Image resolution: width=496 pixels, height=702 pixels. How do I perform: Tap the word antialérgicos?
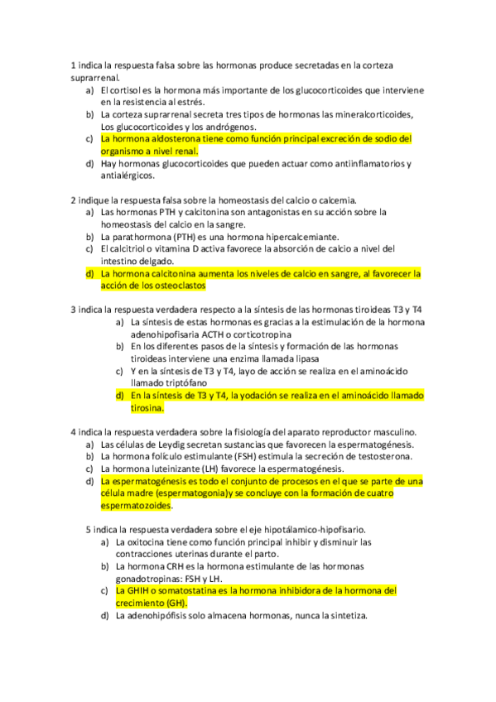click(128, 175)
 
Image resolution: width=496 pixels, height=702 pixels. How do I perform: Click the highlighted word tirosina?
click(147, 407)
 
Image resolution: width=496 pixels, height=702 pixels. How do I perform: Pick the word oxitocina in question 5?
click(151, 541)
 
